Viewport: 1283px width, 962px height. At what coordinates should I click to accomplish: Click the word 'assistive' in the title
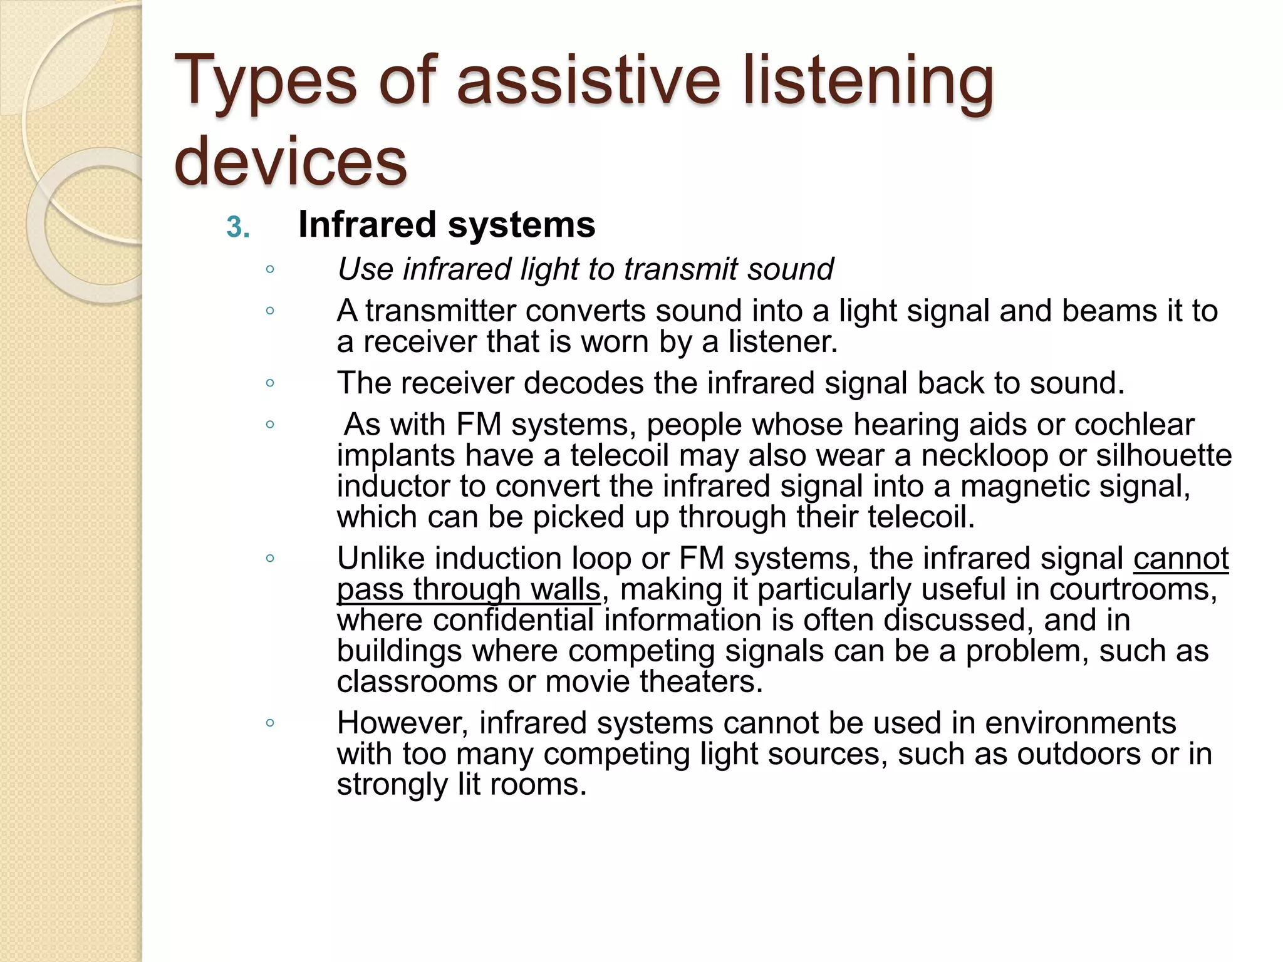pyautogui.click(x=589, y=81)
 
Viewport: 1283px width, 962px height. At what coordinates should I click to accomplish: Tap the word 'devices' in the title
pyautogui.click(x=291, y=162)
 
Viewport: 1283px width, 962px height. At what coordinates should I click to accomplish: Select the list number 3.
pyautogui.click(x=237, y=227)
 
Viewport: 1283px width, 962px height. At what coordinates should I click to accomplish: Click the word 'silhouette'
pyautogui.click(x=1163, y=455)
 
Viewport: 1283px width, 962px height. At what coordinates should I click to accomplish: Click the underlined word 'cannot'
pyautogui.click(x=1180, y=559)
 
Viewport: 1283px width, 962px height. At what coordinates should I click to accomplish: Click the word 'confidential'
pyautogui.click(x=513, y=620)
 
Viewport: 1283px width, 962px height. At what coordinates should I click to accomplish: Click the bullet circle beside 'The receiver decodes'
pyautogui.click(x=270, y=383)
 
